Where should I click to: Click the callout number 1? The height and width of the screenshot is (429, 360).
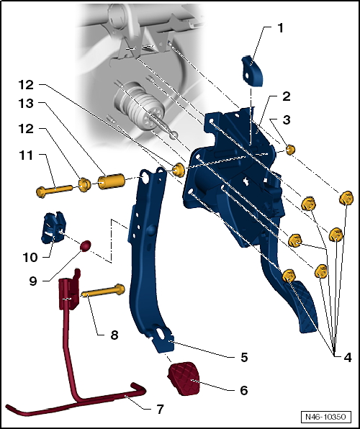(280, 28)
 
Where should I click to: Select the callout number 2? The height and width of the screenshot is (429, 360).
(287, 96)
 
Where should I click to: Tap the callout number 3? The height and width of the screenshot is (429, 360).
(287, 119)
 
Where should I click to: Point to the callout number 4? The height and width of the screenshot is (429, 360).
(347, 357)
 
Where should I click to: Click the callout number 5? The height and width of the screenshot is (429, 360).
(244, 357)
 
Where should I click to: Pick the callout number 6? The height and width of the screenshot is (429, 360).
(244, 390)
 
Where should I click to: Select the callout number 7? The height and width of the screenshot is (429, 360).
(160, 410)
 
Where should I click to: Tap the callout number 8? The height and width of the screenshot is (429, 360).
(114, 335)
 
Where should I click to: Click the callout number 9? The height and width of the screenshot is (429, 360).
(33, 281)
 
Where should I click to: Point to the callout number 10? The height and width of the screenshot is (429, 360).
(30, 258)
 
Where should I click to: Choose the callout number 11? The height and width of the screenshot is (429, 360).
(26, 155)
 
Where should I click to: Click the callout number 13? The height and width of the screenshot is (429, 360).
(26, 104)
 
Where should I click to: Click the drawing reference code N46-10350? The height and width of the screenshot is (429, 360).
(325, 417)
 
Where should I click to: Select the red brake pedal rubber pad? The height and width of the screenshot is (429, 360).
(184, 379)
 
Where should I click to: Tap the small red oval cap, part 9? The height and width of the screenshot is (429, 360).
(85, 245)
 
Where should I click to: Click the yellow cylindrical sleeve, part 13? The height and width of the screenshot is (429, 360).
(112, 181)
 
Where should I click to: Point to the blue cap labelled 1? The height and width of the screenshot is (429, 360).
(252, 71)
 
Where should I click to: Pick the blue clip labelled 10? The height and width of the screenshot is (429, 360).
(54, 228)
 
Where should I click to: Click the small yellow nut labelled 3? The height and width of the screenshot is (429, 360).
(290, 150)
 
